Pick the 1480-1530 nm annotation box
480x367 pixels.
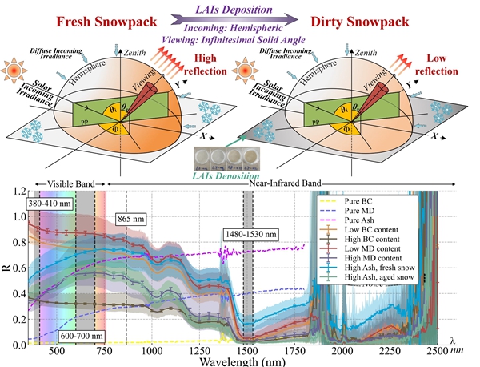click(x=250, y=236)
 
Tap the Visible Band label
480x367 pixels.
click(x=70, y=183)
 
